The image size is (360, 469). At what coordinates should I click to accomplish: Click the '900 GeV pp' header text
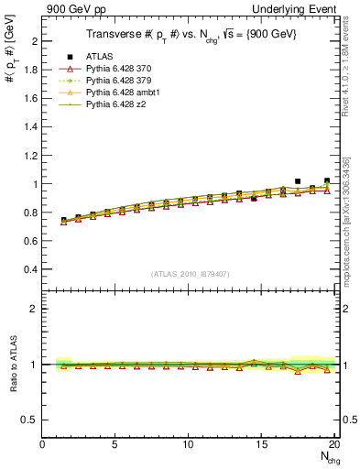pos(72,8)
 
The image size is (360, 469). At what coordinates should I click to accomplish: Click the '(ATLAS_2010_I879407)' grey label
pos(190,273)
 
